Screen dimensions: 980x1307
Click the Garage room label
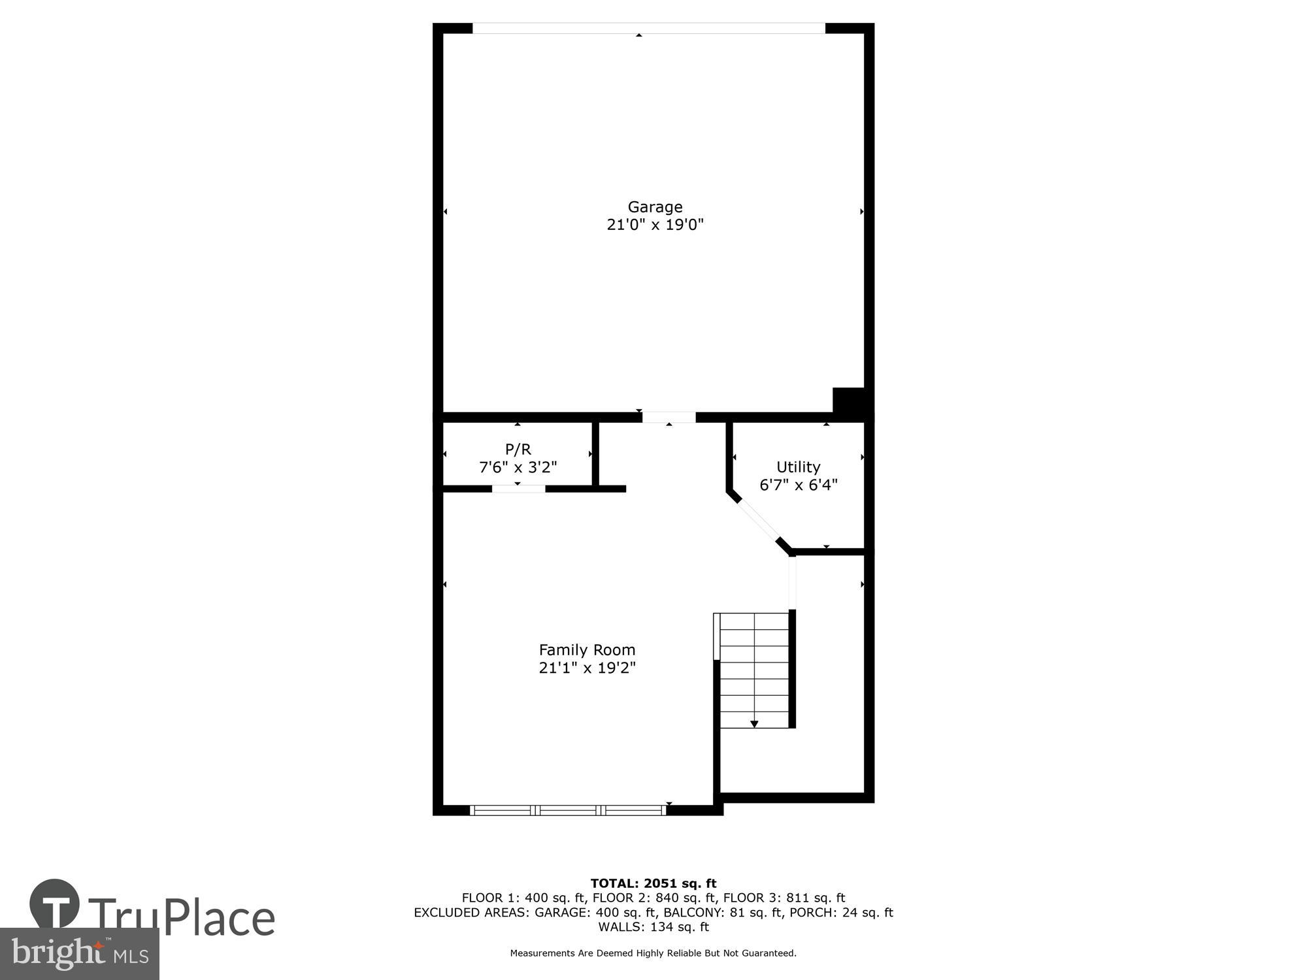tap(655, 207)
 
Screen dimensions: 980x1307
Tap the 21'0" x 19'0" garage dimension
tap(655, 225)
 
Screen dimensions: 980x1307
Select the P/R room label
tap(518, 449)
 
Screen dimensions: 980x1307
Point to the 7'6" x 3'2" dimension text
tap(518, 467)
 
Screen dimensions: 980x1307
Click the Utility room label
tap(798, 467)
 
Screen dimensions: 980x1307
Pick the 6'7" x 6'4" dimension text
tap(798, 485)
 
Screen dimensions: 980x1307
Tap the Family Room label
tap(587, 650)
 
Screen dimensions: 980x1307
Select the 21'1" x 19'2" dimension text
tap(587, 668)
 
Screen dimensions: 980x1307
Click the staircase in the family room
tap(754, 670)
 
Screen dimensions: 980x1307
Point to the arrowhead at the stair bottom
tap(754, 724)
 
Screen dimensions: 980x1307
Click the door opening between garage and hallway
tap(669, 417)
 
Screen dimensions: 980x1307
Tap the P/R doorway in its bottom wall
tap(518, 489)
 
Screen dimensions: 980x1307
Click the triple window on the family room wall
tap(568, 810)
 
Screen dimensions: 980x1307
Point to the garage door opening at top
tap(648, 28)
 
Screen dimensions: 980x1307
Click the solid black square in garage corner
tap(848, 400)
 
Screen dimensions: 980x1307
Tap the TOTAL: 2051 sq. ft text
tap(653, 884)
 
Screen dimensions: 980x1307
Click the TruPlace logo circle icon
tap(54, 905)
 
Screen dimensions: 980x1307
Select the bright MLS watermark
tap(80, 954)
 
